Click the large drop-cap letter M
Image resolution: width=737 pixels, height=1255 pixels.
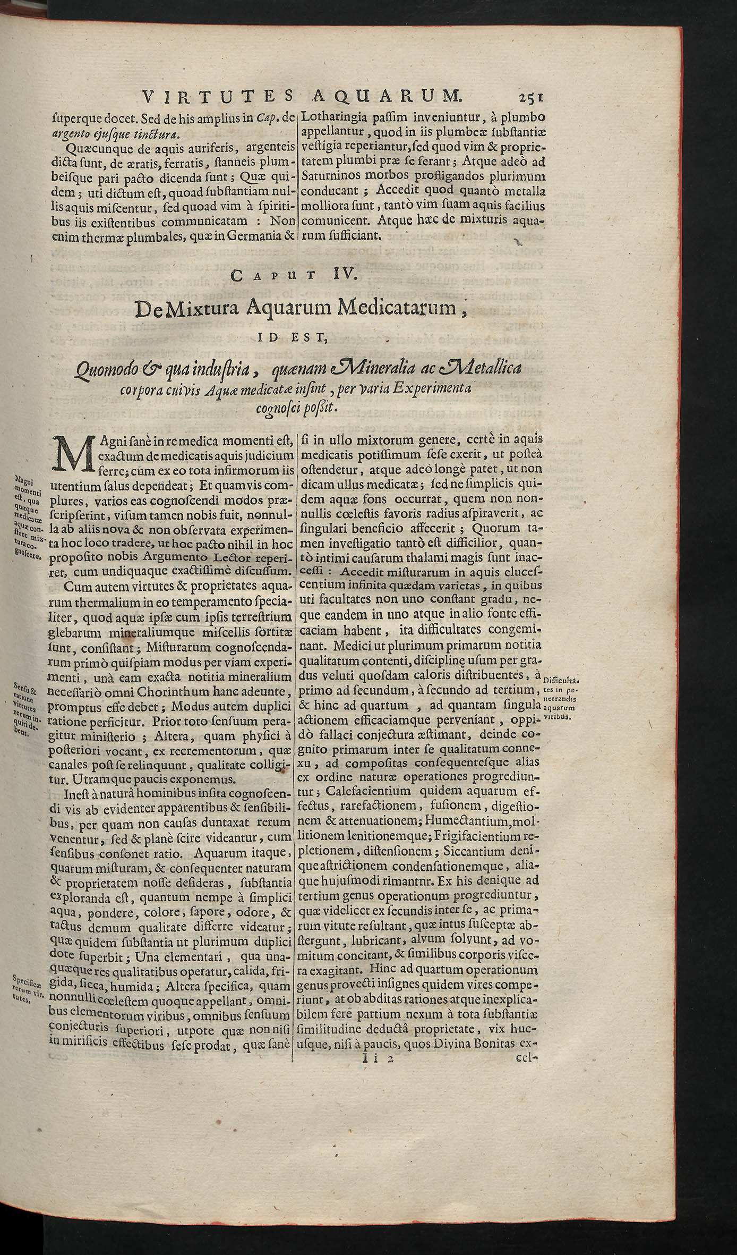point(75,454)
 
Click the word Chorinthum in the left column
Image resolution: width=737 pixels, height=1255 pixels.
point(161,692)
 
